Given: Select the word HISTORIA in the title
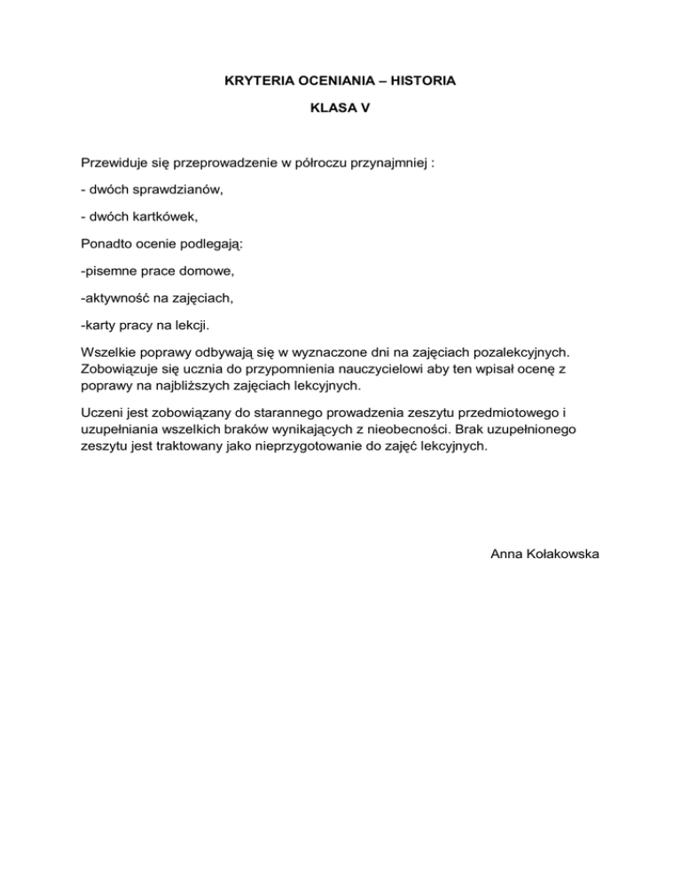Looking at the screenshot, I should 424,82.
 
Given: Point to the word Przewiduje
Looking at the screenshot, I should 114,163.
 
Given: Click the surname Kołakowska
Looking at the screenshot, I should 567,554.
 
